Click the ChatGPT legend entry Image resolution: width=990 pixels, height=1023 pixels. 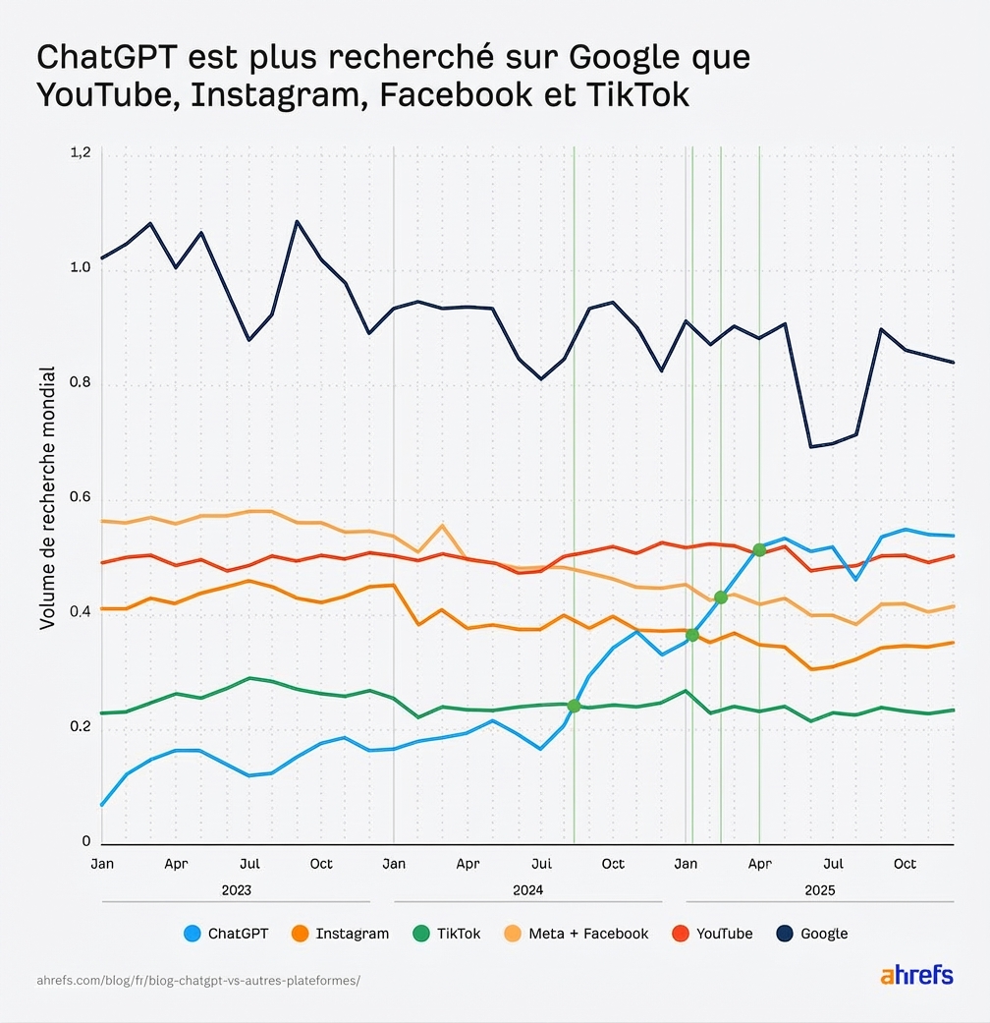(x=226, y=934)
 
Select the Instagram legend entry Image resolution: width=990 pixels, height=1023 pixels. (x=340, y=934)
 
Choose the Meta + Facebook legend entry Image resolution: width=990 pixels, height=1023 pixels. (x=577, y=934)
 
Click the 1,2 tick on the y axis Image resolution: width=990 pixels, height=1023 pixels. (x=81, y=152)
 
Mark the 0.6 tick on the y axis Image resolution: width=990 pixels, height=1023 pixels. (x=81, y=498)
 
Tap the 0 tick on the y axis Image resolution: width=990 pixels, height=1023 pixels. (x=86, y=842)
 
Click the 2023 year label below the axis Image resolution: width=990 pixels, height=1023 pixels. (x=236, y=889)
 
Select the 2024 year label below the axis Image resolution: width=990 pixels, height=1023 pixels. (x=527, y=889)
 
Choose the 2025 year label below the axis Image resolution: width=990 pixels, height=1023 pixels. (x=819, y=889)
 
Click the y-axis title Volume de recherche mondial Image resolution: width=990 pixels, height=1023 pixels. (x=46, y=498)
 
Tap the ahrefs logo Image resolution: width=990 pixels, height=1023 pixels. (x=916, y=976)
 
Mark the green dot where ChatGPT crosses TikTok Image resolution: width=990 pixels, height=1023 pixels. (x=574, y=706)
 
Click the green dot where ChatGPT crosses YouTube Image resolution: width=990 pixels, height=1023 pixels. (x=759, y=549)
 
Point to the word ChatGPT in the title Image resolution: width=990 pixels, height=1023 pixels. (x=102, y=57)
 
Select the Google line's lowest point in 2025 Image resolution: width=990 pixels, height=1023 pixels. (x=811, y=447)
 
